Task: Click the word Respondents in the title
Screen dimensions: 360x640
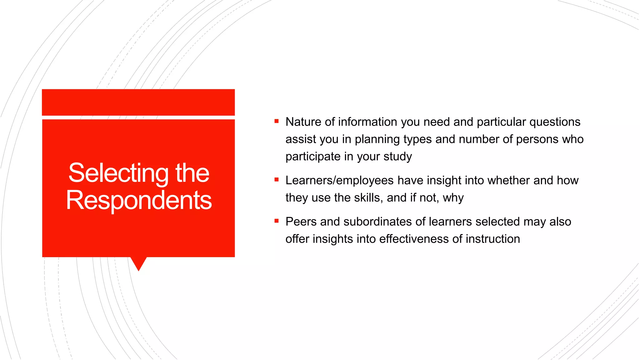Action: point(139,200)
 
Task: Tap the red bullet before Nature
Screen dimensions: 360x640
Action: point(276,121)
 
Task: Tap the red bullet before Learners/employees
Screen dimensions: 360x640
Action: point(276,179)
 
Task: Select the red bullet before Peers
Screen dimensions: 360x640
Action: point(276,221)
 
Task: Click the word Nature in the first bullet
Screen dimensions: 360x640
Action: point(303,122)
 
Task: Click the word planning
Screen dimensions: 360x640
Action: point(377,139)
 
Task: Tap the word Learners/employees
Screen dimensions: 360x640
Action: point(339,181)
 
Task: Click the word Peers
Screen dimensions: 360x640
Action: point(301,222)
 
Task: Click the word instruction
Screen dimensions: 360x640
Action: point(493,239)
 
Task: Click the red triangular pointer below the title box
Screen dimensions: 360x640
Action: point(138,262)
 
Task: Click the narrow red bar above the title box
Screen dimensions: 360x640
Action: point(138,102)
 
